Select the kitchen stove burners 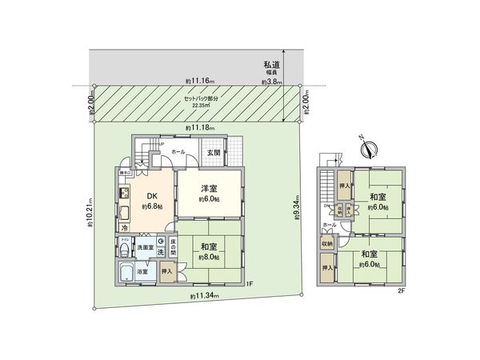[124, 195]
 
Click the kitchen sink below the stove [125, 213]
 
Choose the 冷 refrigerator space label [125, 227]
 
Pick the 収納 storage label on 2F [328, 243]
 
